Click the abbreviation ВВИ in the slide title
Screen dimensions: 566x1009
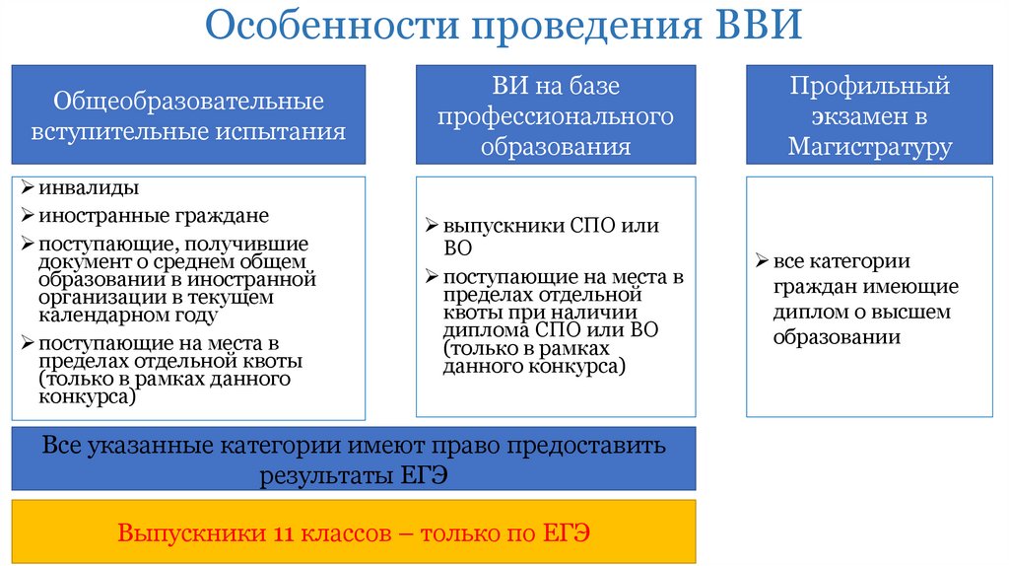(x=752, y=26)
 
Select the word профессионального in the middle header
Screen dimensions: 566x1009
(x=556, y=116)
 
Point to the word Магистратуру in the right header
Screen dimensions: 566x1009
(x=869, y=147)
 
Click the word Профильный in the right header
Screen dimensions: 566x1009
(x=869, y=87)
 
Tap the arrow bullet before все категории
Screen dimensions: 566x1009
(x=763, y=261)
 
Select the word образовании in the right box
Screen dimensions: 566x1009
(x=837, y=336)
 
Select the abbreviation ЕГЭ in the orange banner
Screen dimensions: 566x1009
(x=567, y=533)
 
